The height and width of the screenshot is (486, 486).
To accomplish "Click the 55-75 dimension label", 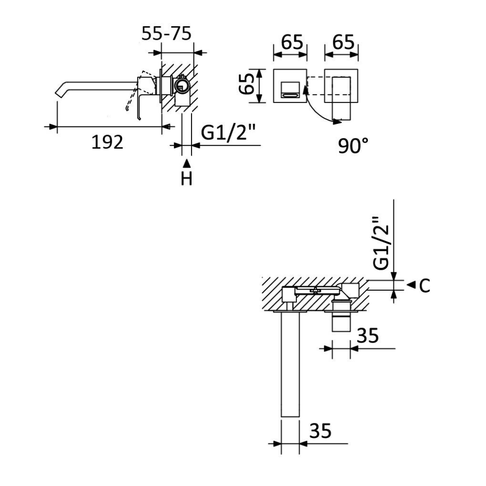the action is (x=166, y=34).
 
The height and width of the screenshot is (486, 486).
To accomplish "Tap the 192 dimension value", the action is (x=107, y=142).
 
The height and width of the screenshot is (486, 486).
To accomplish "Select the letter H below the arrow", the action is (x=187, y=179).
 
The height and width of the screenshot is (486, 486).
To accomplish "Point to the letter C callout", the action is (x=424, y=286).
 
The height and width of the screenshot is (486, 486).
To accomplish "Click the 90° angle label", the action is (x=353, y=146).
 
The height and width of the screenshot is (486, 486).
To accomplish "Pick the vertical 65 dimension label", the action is (x=247, y=84).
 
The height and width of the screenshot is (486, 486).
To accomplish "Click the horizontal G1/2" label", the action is (x=228, y=133).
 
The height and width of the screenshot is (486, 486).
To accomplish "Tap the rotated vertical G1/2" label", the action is (x=381, y=243).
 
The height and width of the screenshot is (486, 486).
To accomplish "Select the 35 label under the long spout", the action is (x=320, y=431).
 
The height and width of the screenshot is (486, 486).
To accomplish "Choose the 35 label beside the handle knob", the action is (x=367, y=335).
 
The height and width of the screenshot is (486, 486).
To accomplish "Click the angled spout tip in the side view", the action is (x=59, y=91).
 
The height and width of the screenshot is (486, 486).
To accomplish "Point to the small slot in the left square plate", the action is (x=291, y=95).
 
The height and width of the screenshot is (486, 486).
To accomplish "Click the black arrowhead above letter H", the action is (x=187, y=163).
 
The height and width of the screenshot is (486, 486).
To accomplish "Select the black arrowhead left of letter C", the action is (x=411, y=285).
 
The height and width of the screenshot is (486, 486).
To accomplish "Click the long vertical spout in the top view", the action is (x=290, y=364).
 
